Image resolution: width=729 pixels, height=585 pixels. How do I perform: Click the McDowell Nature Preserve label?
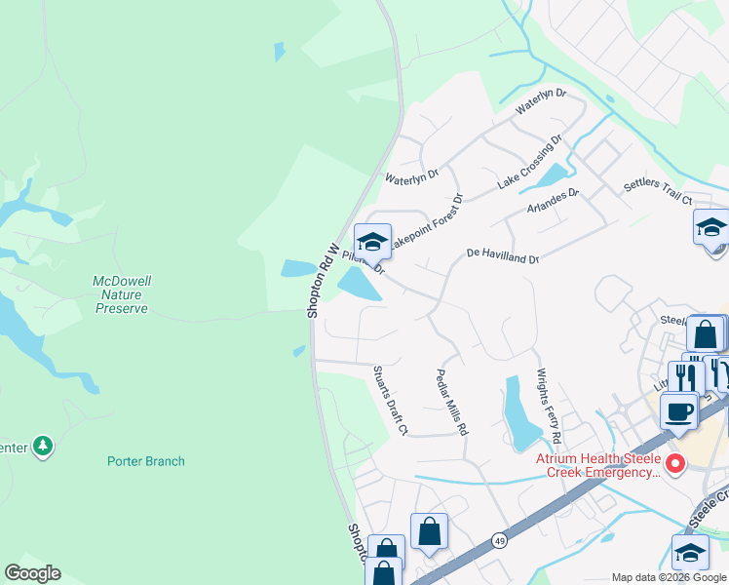(x=121, y=294)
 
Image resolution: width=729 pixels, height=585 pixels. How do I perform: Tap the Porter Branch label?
(x=146, y=461)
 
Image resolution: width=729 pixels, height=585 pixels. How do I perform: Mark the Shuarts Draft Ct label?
(x=388, y=401)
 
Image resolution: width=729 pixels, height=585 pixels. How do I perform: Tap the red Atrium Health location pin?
(x=673, y=462)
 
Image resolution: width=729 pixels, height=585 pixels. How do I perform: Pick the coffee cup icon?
(x=678, y=410)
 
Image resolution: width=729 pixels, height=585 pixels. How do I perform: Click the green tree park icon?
(x=42, y=447)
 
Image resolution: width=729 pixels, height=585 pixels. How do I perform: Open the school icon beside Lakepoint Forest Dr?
(x=372, y=241)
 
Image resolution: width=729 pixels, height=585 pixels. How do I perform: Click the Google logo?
(x=32, y=573)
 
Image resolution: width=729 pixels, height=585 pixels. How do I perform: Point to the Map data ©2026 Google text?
(x=669, y=577)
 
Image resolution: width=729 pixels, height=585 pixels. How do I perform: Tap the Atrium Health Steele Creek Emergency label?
(x=597, y=465)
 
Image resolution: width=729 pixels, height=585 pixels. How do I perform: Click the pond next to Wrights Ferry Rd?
(x=516, y=409)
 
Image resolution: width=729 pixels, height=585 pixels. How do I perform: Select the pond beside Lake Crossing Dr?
(x=551, y=176)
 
